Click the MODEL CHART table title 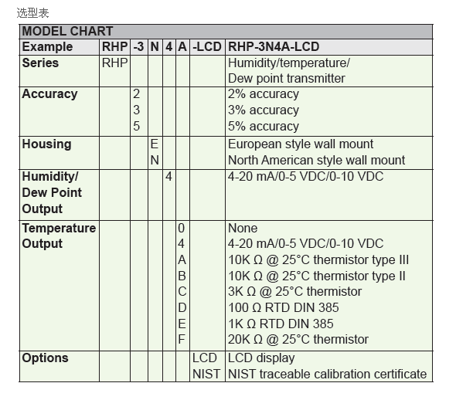(x=67, y=32)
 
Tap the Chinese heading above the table (x=32, y=13)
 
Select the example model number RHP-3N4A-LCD (x=274, y=47)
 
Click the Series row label (x=40, y=63)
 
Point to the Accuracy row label (x=49, y=94)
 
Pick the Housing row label (x=46, y=144)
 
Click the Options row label (x=45, y=358)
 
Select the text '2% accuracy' (x=264, y=94)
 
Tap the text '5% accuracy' (x=264, y=127)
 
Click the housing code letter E (x=155, y=144)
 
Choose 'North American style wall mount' (x=316, y=160)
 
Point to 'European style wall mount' (x=301, y=144)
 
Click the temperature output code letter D (x=182, y=307)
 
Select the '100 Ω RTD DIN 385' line (x=284, y=307)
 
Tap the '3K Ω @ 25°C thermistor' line (x=295, y=291)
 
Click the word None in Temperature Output (x=243, y=229)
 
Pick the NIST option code (x=206, y=375)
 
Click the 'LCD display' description (x=261, y=358)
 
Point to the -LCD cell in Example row (x=207, y=47)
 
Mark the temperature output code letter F (x=182, y=339)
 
